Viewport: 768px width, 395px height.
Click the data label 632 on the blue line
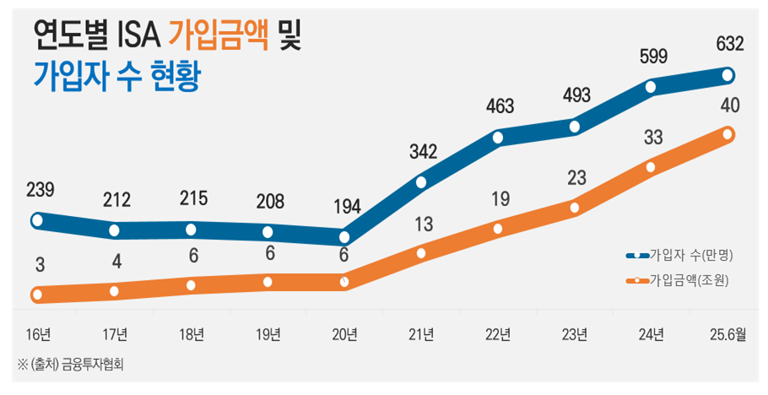click(728, 44)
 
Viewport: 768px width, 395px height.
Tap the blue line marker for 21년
click(421, 182)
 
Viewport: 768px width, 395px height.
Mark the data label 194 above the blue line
click(344, 205)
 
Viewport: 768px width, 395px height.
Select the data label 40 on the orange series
click(728, 106)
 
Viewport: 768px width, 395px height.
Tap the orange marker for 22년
click(498, 228)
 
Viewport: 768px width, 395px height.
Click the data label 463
click(498, 107)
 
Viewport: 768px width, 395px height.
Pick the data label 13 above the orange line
click(421, 224)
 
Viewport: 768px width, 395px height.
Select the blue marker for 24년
click(652, 86)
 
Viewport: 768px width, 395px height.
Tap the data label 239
click(37, 191)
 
